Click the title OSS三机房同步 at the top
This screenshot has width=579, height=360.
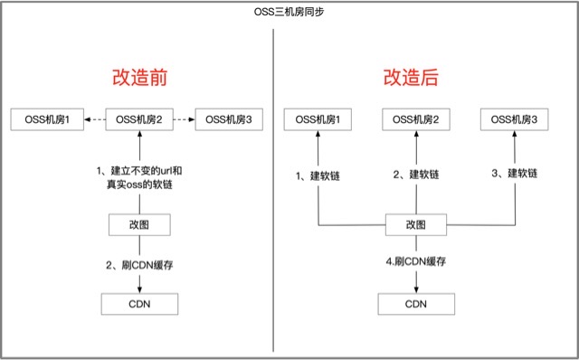(290, 12)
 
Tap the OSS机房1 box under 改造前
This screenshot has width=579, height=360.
(46, 118)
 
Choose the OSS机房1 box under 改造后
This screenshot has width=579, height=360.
(318, 118)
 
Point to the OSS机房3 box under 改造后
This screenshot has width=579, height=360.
(514, 118)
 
